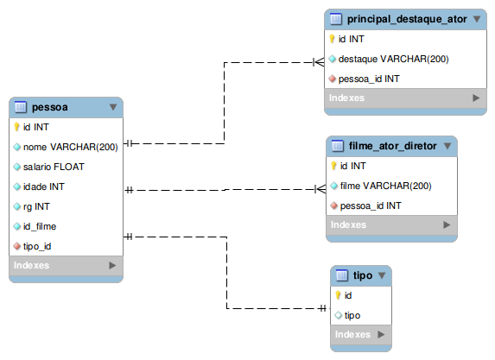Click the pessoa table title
click(49, 107)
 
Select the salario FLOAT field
click(54, 167)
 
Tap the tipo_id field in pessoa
click(37, 246)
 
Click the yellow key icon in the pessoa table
click(16, 127)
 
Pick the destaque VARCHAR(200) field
click(393, 59)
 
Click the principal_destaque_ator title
click(407, 19)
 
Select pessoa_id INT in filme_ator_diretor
click(371, 205)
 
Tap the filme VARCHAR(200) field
click(385, 186)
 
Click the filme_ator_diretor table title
click(392, 146)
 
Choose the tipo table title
click(363, 275)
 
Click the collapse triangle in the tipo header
click(382, 275)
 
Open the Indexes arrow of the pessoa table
click(112, 265)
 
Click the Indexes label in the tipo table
click(352, 334)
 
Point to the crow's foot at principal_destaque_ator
click(319, 62)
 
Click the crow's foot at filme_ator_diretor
click(320, 189)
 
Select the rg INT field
click(36, 206)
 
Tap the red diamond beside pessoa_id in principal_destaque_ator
click(332, 79)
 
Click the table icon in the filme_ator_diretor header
click(338, 146)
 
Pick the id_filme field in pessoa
click(40, 226)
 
